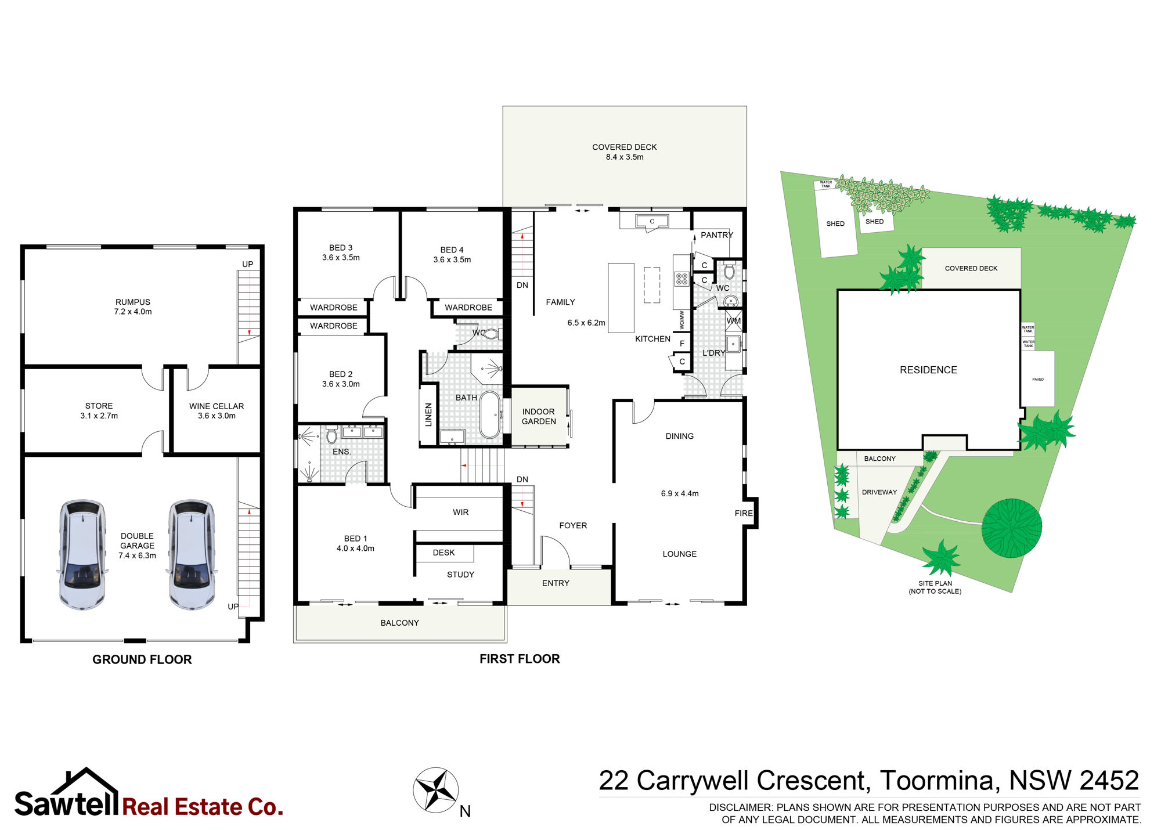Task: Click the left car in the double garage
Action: [x=82, y=554]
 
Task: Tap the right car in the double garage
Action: [x=192, y=554]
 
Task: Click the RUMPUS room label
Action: [x=133, y=302]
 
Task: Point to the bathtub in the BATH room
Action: [x=490, y=414]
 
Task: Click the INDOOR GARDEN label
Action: [x=539, y=417]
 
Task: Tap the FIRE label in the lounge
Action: [x=744, y=513]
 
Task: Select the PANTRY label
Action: [x=717, y=235]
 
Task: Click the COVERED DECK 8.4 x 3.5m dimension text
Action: [x=625, y=157]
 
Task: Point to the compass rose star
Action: [x=436, y=789]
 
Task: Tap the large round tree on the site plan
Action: [x=1011, y=528]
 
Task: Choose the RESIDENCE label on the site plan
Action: [x=928, y=370]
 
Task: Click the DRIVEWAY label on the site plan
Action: [x=879, y=492]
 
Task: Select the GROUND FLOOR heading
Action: [x=142, y=659]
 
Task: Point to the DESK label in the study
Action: [x=444, y=553]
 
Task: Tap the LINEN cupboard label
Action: [x=428, y=414]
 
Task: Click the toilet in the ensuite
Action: [x=331, y=435]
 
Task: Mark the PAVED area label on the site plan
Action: [x=1038, y=380]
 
